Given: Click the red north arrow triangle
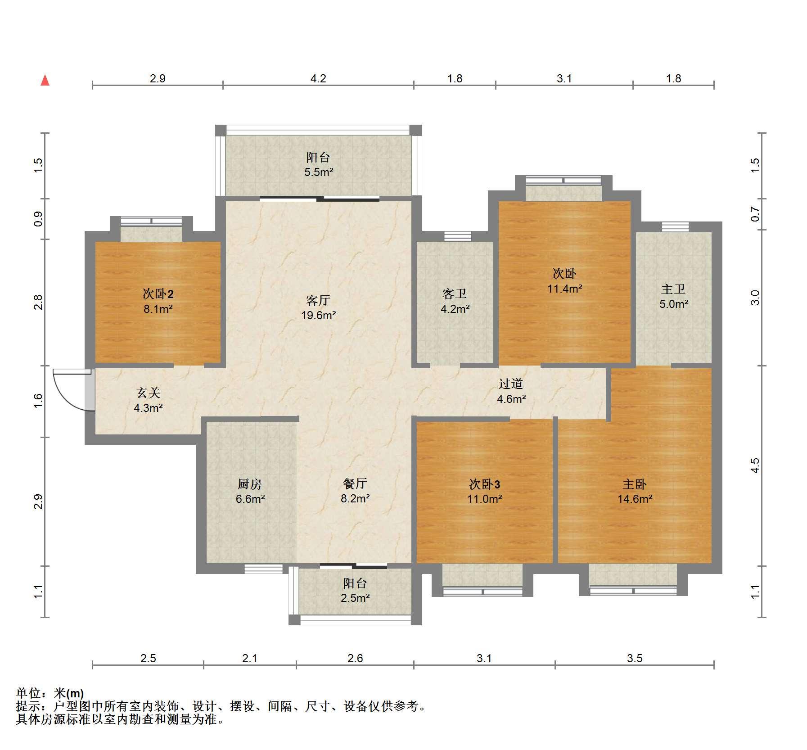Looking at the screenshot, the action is click(x=45, y=81).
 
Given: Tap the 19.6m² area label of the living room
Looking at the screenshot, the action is click(x=319, y=315).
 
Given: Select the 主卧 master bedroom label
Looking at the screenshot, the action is click(x=635, y=484).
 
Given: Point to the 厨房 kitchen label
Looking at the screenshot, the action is click(x=250, y=484).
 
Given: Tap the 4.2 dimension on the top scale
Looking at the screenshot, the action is click(x=318, y=78).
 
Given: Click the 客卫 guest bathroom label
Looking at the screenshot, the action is click(x=455, y=294).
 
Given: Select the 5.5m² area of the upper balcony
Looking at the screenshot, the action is click(x=319, y=172).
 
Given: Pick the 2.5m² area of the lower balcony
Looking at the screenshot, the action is click(x=355, y=598).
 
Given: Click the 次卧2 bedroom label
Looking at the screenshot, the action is click(x=158, y=294).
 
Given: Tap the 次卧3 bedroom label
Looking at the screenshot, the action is click(x=485, y=484).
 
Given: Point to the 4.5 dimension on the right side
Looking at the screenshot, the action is click(x=755, y=465).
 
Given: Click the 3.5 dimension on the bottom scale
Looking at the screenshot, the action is click(x=635, y=658).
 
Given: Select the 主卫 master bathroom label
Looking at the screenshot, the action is click(x=673, y=289).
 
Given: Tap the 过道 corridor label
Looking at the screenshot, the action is click(x=511, y=384).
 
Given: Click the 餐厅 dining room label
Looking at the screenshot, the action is click(x=355, y=483).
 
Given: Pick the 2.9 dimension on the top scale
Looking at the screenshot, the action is click(x=158, y=78).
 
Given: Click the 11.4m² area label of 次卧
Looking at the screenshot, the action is click(x=565, y=289).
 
